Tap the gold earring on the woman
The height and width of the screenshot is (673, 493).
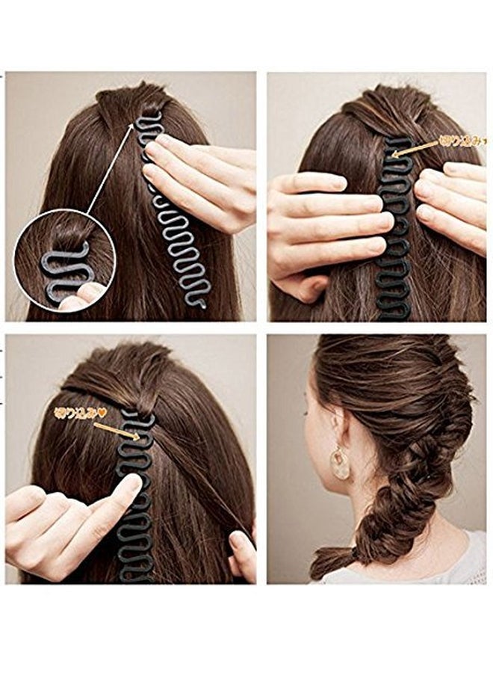[340, 463]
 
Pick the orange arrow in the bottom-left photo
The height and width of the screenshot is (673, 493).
[116, 430]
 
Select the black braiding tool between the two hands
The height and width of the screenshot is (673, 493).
[396, 224]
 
